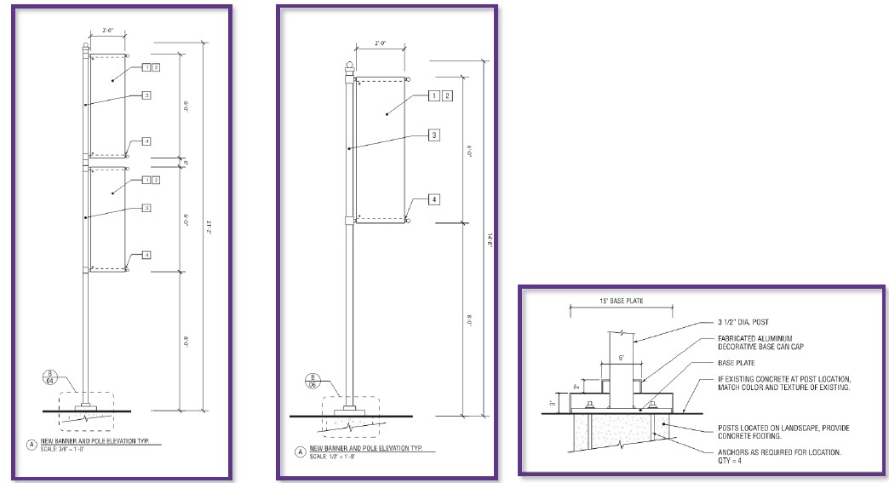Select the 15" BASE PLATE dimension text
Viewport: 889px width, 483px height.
(621, 302)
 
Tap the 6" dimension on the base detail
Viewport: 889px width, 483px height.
(622, 357)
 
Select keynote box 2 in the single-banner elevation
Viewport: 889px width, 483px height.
(447, 95)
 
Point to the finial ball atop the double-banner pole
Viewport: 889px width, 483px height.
(85, 46)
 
